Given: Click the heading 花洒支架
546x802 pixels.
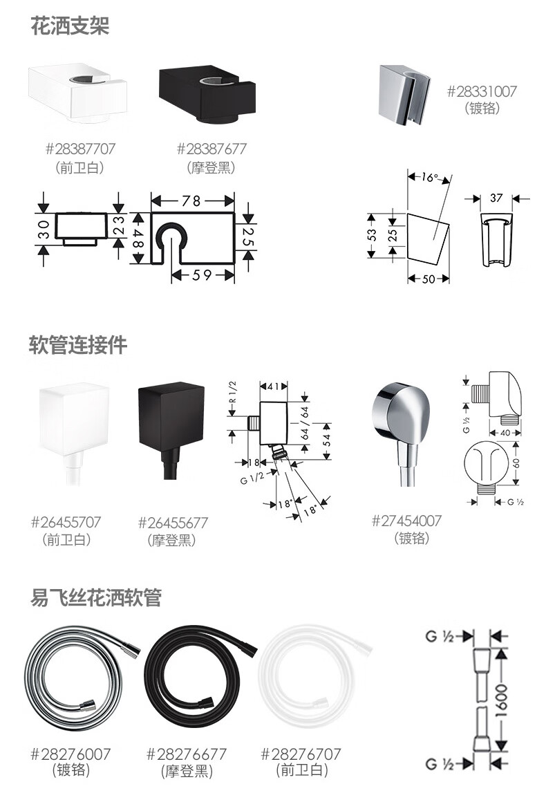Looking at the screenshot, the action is point(70,26).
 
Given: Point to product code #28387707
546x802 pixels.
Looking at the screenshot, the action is point(80,149).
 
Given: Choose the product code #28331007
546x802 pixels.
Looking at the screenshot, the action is point(482,91).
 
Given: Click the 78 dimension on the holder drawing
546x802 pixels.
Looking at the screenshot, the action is point(191,200).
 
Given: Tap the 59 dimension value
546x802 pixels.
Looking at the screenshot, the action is point(203,275).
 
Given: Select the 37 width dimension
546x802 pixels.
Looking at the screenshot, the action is point(496,198).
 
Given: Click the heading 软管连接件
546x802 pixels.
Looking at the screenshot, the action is point(78,344).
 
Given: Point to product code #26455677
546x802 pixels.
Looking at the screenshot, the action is point(173,523).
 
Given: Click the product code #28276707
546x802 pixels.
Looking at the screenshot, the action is point(301,754).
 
